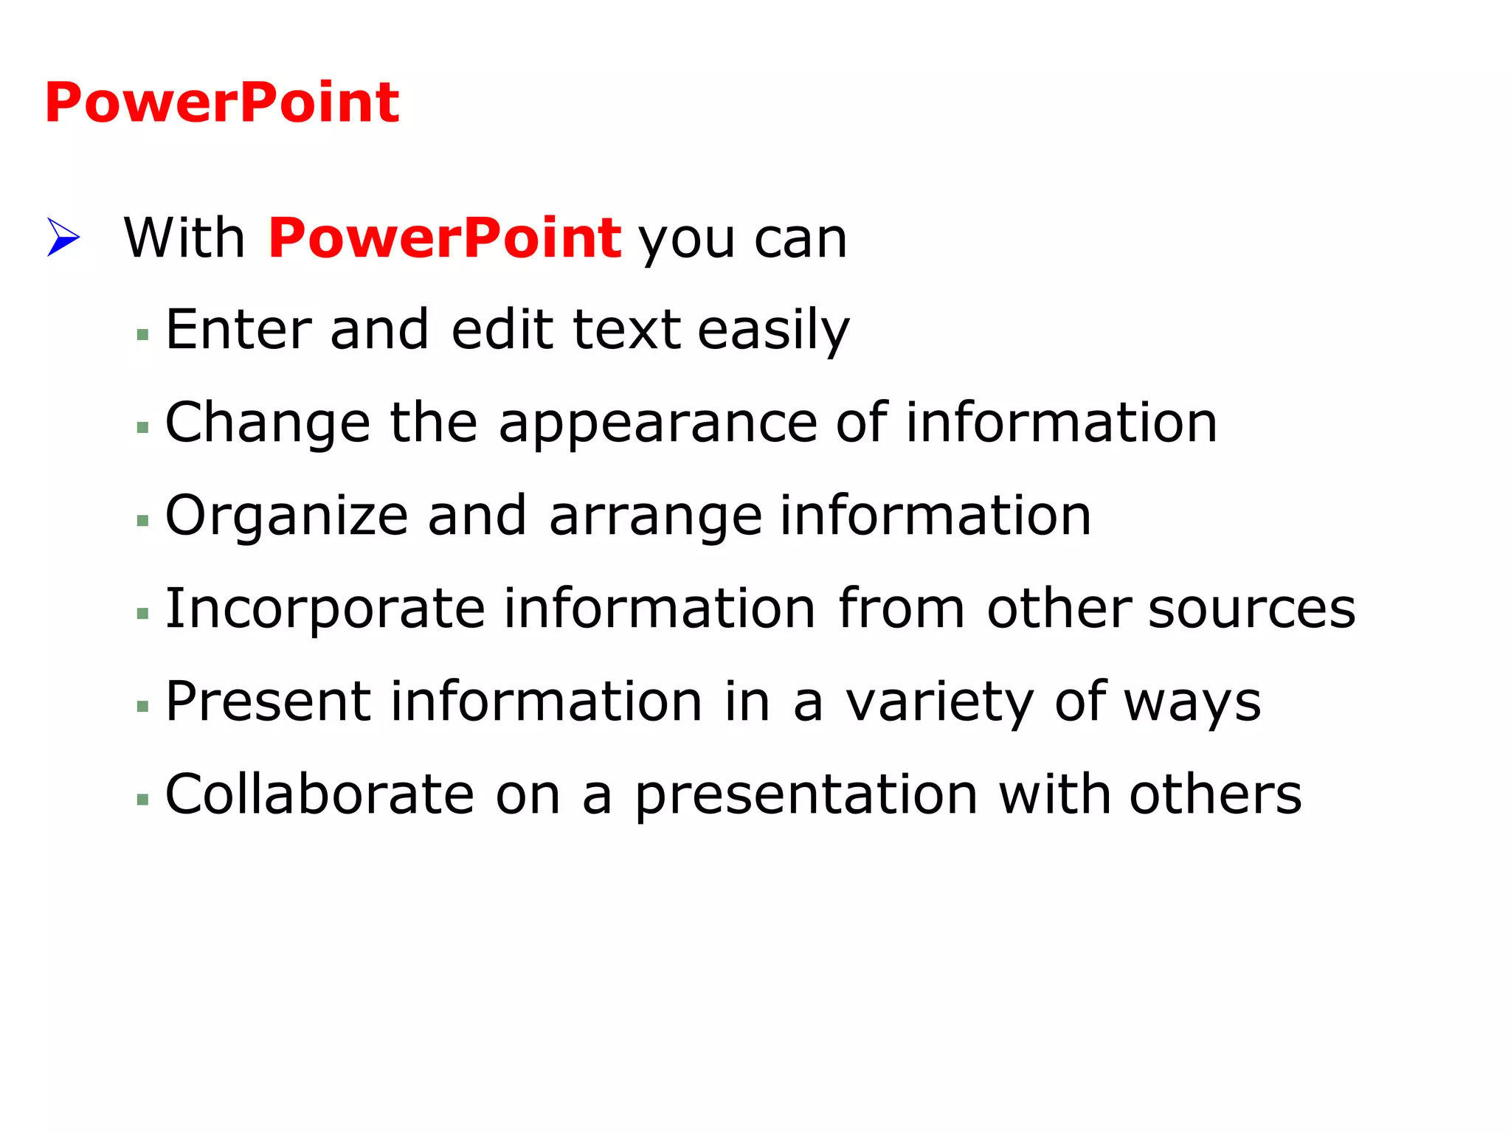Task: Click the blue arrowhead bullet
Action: pyautogui.click(x=63, y=237)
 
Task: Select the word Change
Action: pyautogui.click(x=267, y=423)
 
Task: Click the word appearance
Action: pyautogui.click(x=657, y=424)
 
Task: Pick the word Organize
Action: pyautogui.click(x=286, y=516)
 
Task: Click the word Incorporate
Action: pyautogui.click(x=325, y=609)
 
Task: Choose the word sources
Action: pyautogui.click(x=1252, y=609)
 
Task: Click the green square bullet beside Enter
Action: pyautogui.click(x=143, y=335)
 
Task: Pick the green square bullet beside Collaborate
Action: pyautogui.click(x=143, y=799)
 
